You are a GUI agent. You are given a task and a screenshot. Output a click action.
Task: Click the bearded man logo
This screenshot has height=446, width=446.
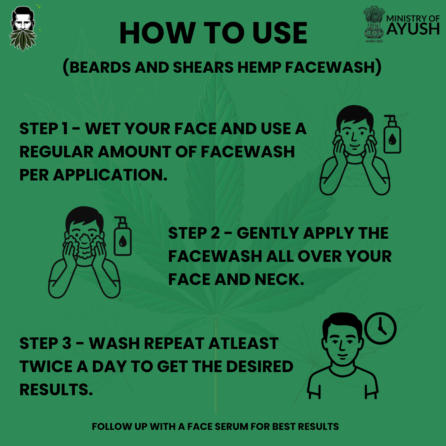[23, 28]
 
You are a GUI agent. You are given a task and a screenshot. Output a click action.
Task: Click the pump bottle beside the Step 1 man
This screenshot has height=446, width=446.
[392, 135]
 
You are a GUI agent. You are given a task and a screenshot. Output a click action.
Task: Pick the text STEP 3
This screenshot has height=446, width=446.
[45, 344]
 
